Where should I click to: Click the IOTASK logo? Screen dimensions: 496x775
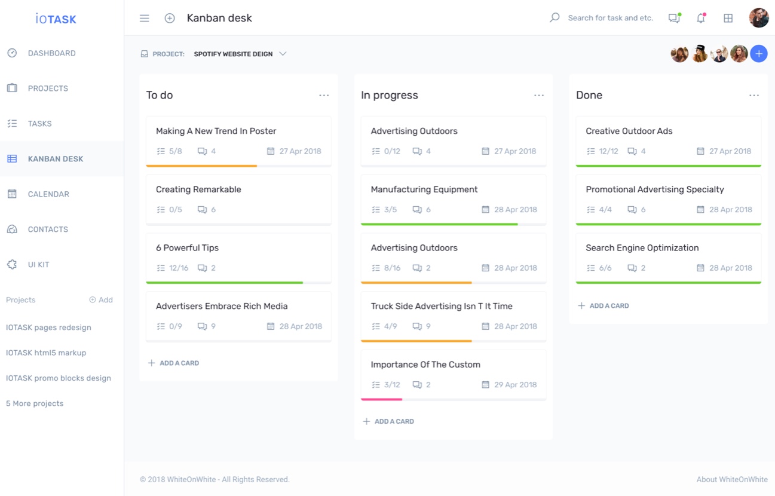(56, 19)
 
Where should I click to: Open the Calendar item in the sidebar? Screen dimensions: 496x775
(48, 194)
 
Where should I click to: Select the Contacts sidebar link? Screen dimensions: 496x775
(48, 229)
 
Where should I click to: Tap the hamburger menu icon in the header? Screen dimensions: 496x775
(145, 19)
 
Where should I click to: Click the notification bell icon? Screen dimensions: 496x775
(701, 19)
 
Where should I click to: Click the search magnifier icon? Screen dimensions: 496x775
(555, 18)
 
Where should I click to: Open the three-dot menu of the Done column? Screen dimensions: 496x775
(754, 96)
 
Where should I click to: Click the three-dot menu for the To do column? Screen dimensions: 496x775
(324, 96)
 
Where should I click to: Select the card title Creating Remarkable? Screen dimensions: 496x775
(198, 189)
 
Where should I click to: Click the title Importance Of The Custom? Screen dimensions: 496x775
(425, 365)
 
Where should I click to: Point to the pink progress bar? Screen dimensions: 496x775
(382, 399)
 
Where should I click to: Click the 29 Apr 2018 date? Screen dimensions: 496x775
(514, 385)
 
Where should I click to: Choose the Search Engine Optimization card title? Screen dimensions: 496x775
(642, 248)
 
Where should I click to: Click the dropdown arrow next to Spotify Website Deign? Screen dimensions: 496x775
(283, 54)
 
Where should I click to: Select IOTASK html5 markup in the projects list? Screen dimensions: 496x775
(46, 353)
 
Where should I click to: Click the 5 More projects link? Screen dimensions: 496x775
(35, 404)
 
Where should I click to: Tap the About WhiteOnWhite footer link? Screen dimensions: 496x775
(731, 479)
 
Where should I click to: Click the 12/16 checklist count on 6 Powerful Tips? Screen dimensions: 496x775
(178, 268)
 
